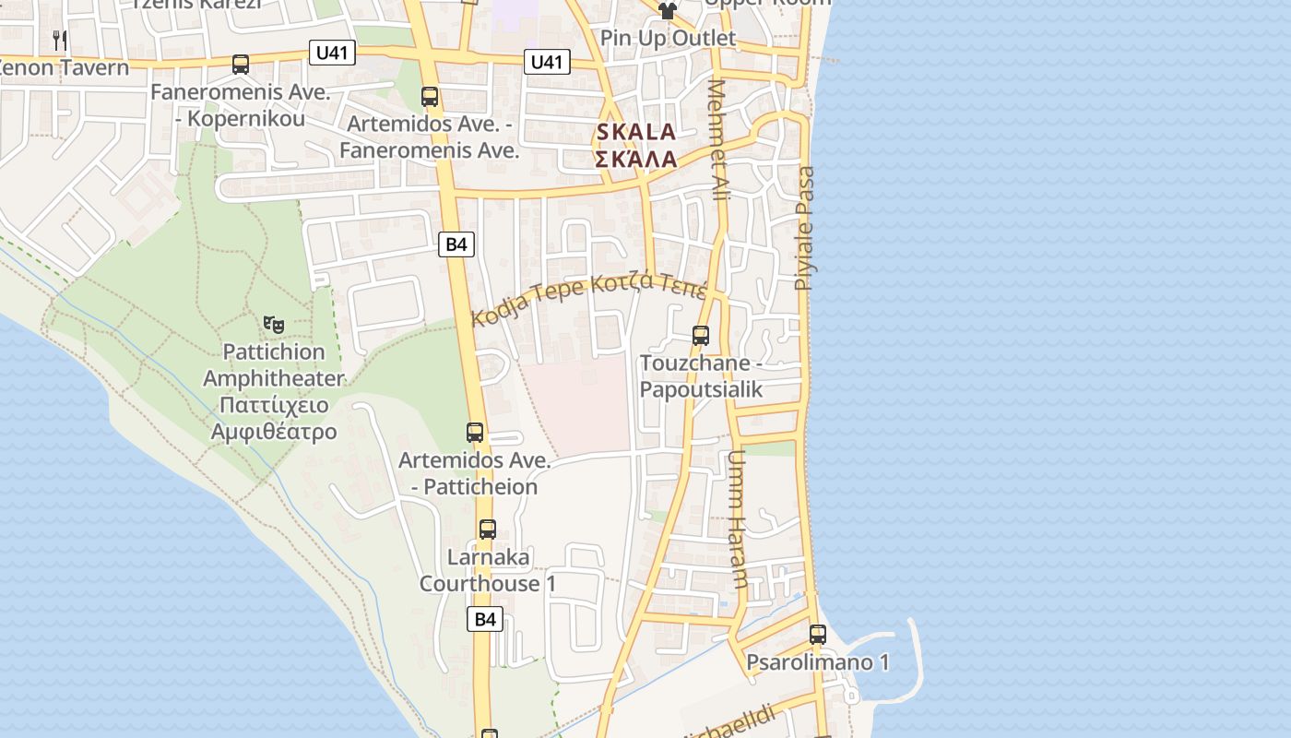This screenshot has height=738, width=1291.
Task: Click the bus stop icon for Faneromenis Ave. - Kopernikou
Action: tap(241, 65)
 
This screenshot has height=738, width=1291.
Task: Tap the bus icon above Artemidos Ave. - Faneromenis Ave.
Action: tap(430, 96)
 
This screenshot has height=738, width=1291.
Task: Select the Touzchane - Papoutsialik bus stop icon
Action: tap(701, 336)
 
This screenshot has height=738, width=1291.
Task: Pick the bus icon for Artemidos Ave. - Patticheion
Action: tap(475, 432)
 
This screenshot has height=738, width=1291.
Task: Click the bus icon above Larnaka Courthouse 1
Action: tap(488, 530)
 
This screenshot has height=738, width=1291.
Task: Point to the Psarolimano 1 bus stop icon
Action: tap(818, 635)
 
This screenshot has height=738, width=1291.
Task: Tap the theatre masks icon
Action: tap(273, 324)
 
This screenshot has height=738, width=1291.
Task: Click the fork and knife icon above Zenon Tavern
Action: tap(60, 40)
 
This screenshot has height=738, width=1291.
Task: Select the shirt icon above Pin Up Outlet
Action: tap(667, 10)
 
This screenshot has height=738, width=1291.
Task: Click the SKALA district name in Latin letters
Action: tap(636, 132)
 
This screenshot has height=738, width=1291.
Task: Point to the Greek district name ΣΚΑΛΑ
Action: tap(636, 159)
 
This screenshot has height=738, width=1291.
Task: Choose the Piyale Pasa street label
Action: tap(805, 228)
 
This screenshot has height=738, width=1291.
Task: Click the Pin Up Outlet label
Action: tap(669, 38)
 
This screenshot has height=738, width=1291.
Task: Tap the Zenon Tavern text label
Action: tap(63, 67)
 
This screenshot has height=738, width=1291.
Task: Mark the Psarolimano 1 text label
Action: tap(818, 662)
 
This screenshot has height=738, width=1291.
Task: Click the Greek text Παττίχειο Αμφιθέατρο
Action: tap(274, 418)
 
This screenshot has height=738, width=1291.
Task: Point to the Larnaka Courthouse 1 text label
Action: tap(488, 570)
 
